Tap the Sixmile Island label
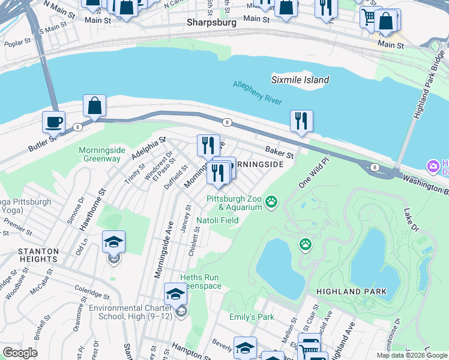point(300,80)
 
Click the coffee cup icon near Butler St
point(53,122)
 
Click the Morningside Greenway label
point(99,154)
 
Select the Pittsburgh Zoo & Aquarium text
point(235,203)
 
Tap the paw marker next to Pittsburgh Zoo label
point(272,202)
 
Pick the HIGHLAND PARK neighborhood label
point(351,292)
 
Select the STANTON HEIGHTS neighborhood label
point(29,255)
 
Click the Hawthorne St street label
point(95,202)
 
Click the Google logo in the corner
point(20,352)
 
